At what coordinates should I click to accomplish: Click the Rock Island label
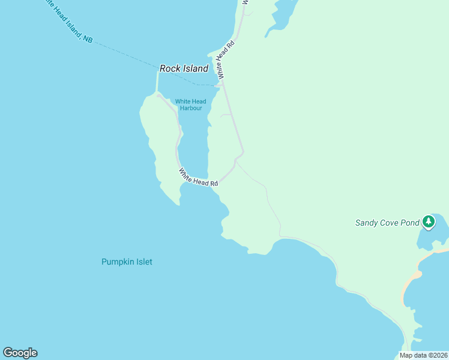184,69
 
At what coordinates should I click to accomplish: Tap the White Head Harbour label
190,105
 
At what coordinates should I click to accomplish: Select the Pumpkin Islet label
127,262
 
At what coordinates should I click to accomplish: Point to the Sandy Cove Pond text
387,223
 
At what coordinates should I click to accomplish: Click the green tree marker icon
428,222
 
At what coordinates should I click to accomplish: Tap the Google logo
20,353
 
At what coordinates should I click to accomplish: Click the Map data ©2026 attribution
423,355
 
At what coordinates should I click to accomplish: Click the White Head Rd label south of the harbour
197,177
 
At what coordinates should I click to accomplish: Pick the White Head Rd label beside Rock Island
225,59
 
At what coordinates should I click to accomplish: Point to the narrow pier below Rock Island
157,82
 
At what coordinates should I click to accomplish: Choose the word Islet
143,262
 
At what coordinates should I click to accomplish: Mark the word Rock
170,69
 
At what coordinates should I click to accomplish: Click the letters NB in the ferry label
88,39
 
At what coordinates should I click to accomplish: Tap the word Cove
387,223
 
